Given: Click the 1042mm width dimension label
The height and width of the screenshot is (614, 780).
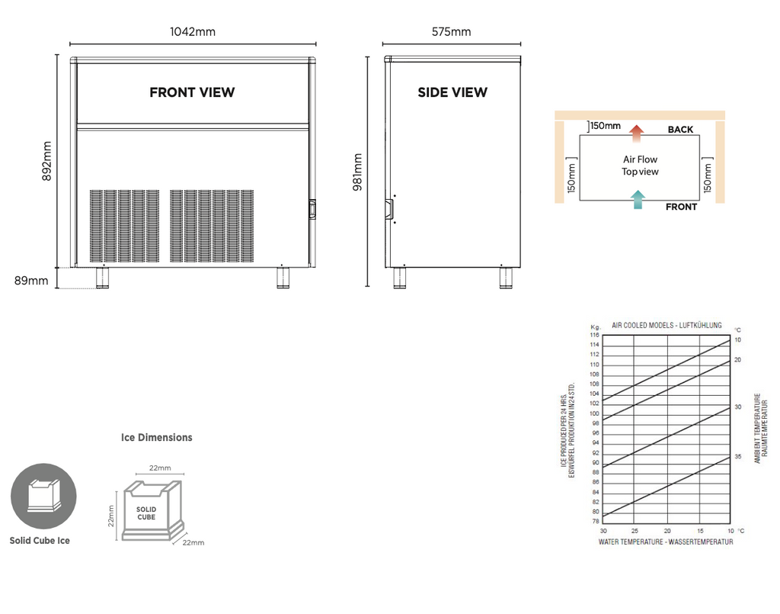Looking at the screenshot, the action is click(x=193, y=32).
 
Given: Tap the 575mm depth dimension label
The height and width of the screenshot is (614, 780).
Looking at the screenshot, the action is click(x=451, y=32).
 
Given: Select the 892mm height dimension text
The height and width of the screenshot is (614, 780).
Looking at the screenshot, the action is click(x=46, y=162).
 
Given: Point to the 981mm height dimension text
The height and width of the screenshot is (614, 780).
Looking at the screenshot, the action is click(x=357, y=172).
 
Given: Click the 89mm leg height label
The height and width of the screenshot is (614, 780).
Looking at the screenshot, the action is click(x=31, y=281).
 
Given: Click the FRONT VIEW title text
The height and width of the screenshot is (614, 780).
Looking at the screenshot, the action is click(x=192, y=92).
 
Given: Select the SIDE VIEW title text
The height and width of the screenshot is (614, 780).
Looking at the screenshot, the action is click(x=452, y=92).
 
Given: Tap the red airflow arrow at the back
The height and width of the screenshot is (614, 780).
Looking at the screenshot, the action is click(x=636, y=133).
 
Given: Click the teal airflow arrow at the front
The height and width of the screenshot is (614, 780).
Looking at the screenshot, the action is click(x=638, y=199).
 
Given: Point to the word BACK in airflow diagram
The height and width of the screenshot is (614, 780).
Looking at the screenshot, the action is click(x=680, y=130).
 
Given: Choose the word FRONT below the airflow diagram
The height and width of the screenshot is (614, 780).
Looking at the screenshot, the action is click(x=682, y=207).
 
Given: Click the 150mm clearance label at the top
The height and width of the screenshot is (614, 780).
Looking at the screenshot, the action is click(x=606, y=126).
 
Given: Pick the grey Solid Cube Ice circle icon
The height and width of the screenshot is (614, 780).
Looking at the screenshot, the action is click(x=43, y=496).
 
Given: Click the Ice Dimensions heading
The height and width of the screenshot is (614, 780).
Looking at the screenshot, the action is click(x=157, y=437).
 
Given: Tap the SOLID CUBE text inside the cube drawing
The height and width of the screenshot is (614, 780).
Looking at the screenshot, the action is click(x=146, y=513).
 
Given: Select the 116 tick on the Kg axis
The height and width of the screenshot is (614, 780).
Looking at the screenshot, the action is click(x=594, y=335).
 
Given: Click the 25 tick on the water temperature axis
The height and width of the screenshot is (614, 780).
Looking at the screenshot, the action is click(x=635, y=531).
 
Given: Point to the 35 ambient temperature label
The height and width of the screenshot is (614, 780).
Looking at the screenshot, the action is click(x=738, y=456).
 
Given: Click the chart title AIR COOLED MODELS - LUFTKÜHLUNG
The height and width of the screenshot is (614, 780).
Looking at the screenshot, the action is click(x=667, y=325).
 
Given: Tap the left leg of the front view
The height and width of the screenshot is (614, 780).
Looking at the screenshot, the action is click(x=103, y=278).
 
